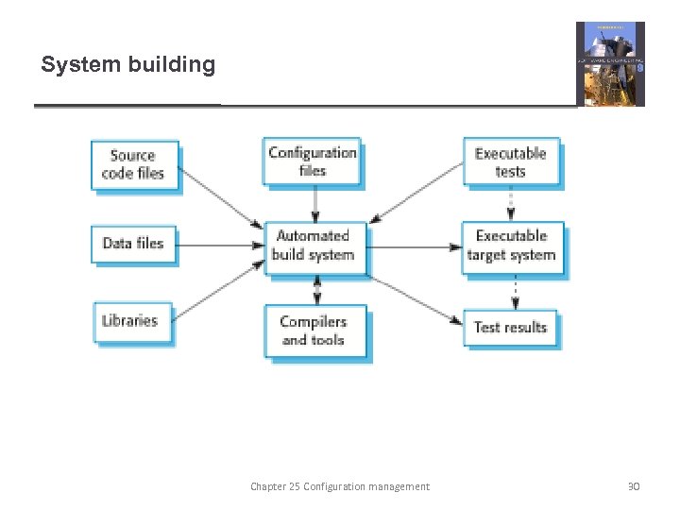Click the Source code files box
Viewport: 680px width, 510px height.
point(135,165)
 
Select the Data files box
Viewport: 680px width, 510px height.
point(133,244)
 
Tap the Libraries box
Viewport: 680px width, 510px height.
point(133,321)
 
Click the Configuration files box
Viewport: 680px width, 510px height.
point(313,161)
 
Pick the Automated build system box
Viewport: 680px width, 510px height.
point(314,246)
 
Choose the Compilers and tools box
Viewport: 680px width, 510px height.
point(314,331)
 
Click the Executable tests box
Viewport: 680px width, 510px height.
point(511,162)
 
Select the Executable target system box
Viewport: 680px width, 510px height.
point(512,246)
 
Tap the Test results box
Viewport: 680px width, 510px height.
point(511,328)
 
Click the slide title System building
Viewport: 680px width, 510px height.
point(128,65)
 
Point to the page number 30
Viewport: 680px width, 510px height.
point(634,486)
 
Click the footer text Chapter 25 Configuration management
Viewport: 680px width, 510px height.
point(339,486)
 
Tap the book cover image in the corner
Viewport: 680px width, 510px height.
point(610,63)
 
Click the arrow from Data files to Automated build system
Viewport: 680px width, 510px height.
point(220,245)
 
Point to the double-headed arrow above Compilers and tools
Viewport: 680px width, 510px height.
point(316,289)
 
